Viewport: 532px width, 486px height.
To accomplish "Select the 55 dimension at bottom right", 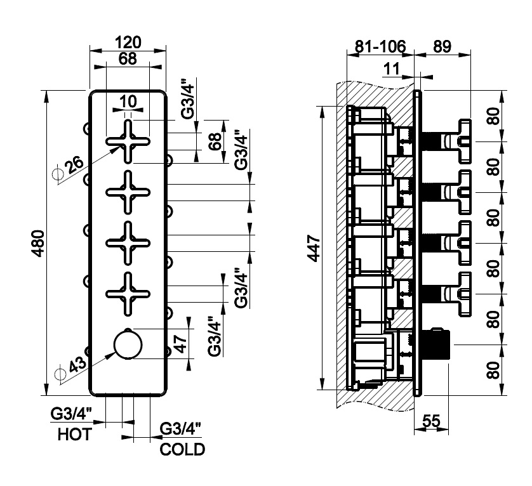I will click(x=431, y=419).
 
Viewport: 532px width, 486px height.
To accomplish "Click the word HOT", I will click(x=74, y=435).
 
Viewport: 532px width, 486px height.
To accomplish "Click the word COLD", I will click(x=182, y=450).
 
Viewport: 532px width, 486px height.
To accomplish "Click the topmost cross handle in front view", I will click(x=128, y=141).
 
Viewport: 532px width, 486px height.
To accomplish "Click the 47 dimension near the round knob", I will click(x=180, y=345).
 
